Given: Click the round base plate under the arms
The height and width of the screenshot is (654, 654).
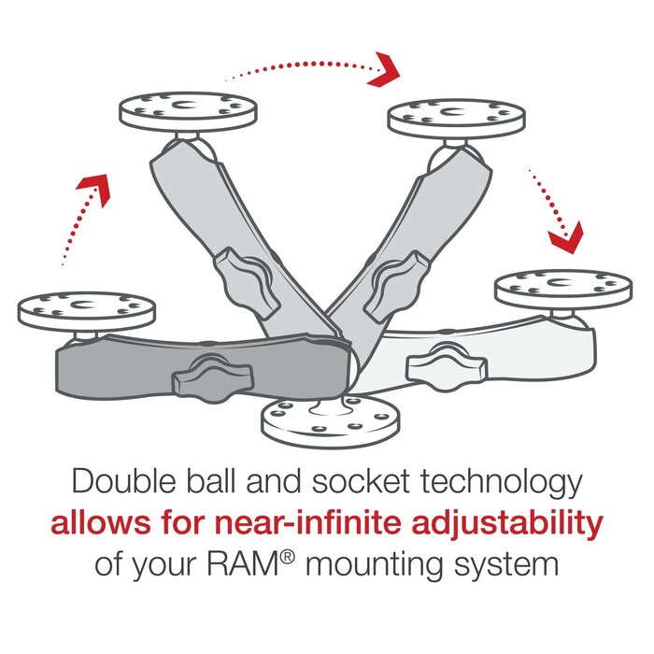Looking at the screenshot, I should coord(323,420).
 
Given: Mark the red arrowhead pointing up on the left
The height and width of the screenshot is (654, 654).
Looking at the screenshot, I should coord(93,188).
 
